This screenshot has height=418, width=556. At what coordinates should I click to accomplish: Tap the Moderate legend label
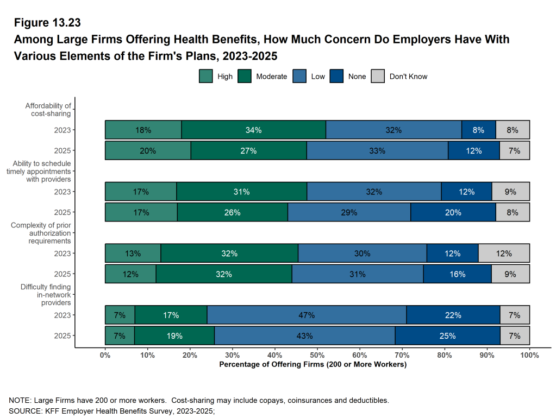point(271,77)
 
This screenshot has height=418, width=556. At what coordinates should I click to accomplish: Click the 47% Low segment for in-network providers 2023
point(307,315)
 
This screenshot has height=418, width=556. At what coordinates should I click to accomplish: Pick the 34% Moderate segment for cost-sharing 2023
point(253,130)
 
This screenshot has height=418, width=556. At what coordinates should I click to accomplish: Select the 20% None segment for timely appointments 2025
point(453,212)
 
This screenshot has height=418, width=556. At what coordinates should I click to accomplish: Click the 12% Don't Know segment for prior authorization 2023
point(504,254)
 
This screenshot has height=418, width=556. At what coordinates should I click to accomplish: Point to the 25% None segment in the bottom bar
point(447,335)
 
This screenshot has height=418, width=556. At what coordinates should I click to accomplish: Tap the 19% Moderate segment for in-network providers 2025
point(174,335)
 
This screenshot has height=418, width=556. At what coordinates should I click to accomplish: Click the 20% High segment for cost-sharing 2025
point(148,150)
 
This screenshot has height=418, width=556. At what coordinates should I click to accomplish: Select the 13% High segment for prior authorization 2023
point(133,254)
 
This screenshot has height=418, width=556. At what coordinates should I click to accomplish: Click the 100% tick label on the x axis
point(529,355)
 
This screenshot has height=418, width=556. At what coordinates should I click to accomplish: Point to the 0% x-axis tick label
point(105,355)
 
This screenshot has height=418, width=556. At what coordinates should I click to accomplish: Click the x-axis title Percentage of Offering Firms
point(313,364)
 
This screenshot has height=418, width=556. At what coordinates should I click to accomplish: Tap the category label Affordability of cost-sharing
point(48,110)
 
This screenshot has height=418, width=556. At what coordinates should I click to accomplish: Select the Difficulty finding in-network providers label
point(46,295)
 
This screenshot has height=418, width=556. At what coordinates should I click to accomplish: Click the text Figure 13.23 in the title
point(47,23)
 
